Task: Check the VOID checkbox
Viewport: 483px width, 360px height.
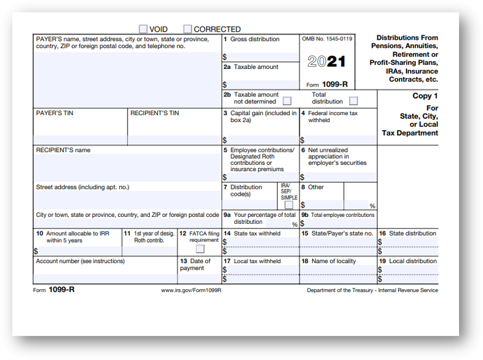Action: (x=143, y=29)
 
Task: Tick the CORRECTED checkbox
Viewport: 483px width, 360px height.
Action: (x=188, y=29)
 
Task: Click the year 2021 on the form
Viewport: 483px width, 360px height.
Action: (x=326, y=62)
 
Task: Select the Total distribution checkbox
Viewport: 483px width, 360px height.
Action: (x=353, y=101)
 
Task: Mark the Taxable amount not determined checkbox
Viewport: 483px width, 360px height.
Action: (x=287, y=101)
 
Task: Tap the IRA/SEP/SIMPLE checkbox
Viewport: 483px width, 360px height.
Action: (x=289, y=205)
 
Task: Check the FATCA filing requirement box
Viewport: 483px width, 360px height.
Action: (x=200, y=249)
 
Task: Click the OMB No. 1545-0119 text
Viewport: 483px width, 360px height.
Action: (x=327, y=39)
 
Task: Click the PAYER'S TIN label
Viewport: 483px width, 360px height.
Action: (x=55, y=113)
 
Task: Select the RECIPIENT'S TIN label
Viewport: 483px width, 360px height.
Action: (x=154, y=113)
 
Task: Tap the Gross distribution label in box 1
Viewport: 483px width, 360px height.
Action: (x=255, y=39)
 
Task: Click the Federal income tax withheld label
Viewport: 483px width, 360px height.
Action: (x=333, y=116)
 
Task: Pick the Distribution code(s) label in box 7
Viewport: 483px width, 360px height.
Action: (x=246, y=191)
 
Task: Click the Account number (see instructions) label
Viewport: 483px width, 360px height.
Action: (x=80, y=261)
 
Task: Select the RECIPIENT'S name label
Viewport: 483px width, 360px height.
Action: (x=63, y=150)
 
